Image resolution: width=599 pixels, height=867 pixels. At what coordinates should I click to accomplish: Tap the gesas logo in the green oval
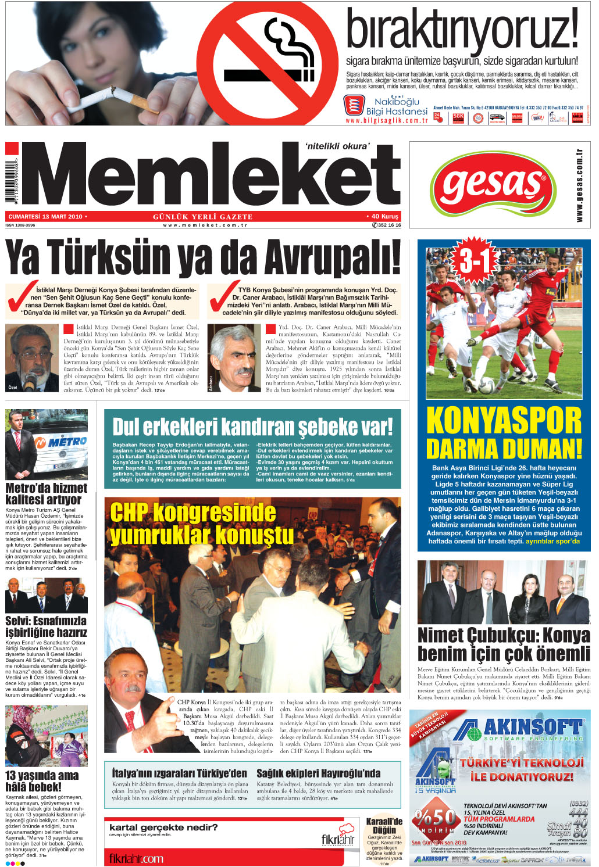493,185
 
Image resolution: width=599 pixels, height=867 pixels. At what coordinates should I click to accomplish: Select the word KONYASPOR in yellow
504,420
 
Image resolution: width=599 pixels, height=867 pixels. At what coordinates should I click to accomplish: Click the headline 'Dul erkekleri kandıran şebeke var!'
252,427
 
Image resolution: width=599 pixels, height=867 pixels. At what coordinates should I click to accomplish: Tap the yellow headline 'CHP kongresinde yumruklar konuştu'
201,524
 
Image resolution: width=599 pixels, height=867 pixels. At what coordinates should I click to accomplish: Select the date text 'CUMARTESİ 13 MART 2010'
45,217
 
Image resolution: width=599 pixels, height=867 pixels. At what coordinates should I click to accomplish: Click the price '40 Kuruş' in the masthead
384,217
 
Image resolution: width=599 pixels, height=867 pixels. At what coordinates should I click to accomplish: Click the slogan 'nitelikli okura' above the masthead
337,146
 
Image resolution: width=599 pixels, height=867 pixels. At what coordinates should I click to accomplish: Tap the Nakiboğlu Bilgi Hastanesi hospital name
397,106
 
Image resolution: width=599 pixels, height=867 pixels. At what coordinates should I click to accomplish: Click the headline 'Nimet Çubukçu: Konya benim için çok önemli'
504,644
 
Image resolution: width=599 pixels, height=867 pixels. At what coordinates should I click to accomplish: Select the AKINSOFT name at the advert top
532,727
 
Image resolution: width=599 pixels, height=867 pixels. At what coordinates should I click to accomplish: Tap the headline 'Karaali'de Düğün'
384,826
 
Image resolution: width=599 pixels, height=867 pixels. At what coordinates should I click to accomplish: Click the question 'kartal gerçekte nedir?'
163,827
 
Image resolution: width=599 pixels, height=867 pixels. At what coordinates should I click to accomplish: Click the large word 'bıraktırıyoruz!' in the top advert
462,30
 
